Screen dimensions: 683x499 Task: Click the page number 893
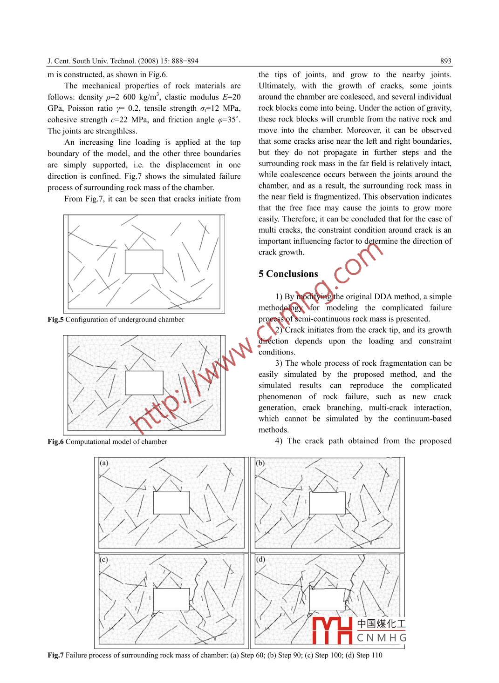(x=445, y=61)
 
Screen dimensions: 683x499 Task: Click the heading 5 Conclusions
(x=288, y=274)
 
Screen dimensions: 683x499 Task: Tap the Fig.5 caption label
(x=55, y=320)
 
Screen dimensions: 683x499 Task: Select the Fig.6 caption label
(x=55, y=442)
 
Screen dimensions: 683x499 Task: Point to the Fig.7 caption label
(x=55, y=656)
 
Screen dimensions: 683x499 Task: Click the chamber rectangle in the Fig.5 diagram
(x=144, y=261)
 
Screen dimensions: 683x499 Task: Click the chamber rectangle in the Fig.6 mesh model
(x=144, y=383)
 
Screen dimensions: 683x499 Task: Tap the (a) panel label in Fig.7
(x=104, y=463)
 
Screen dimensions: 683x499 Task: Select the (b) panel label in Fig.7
(x=260, y=463)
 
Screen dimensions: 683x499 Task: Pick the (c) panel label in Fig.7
(x=104, y=559)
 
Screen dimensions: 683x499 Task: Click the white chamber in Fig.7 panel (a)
(x=171, y=502)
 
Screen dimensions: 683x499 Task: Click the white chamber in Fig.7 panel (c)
(x=171, y=599)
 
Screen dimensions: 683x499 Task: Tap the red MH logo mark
(x=332, y=630)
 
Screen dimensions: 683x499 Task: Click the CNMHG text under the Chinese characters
(x=382, y=638)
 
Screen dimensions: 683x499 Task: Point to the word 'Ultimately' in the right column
(x=277, y=86)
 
